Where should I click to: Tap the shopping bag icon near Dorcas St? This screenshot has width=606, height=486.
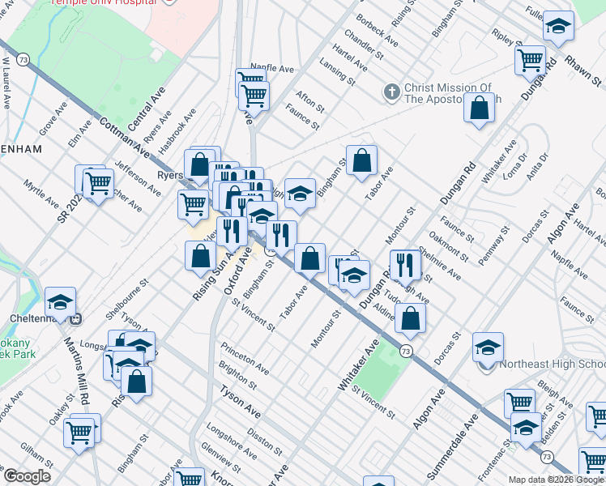click(411, 318)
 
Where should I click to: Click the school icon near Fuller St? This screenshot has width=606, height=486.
click(558, 27)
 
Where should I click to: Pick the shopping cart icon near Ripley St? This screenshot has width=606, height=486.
click(530, 58)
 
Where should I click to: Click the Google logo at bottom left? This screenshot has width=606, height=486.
click(26, 476)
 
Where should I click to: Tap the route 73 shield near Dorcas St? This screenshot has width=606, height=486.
click(405, 350)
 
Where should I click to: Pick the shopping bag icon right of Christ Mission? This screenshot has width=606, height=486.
click(480, 108)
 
